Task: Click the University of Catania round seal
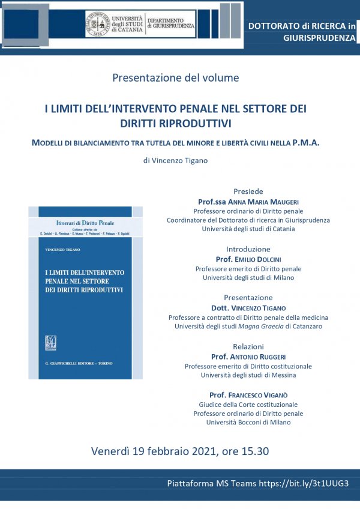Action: coord(98,23)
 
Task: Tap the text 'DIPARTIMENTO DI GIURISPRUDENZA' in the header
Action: coord(170,23)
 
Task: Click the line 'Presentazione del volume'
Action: coord(176,77)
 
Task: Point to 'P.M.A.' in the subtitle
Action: coord(305,143)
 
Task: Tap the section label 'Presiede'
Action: coord(248,191)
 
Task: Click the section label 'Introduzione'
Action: coord(248,249)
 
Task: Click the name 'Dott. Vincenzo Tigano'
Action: coord(248,308)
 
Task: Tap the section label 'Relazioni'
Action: coord(248,346)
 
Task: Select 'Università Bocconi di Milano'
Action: coord(248,423)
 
